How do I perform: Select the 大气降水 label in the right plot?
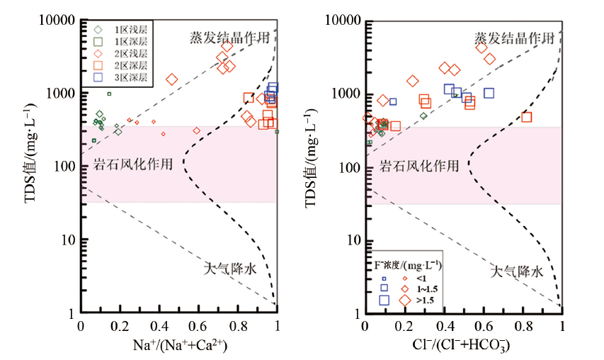pos(516,271)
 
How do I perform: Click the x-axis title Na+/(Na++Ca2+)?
pos(180,345)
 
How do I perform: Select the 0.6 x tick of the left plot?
pos(199,327)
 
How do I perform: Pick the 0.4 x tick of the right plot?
pos(444,327)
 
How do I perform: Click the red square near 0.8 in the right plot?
pos(526,117)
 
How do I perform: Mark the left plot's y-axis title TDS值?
pos(30,167)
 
